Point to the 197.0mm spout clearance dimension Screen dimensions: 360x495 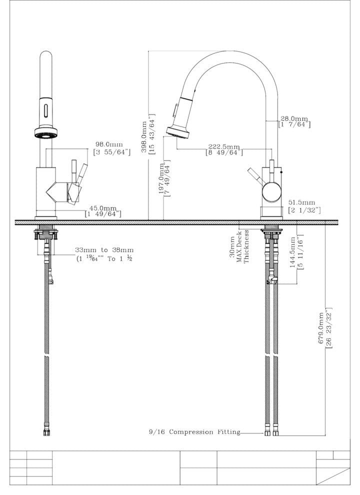(165, 179)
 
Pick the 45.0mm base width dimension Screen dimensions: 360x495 (103, 211)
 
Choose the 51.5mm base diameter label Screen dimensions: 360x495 (304, 206)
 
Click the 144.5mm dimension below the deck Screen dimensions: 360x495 (296, 251)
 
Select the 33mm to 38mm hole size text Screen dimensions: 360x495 (104, 254)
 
